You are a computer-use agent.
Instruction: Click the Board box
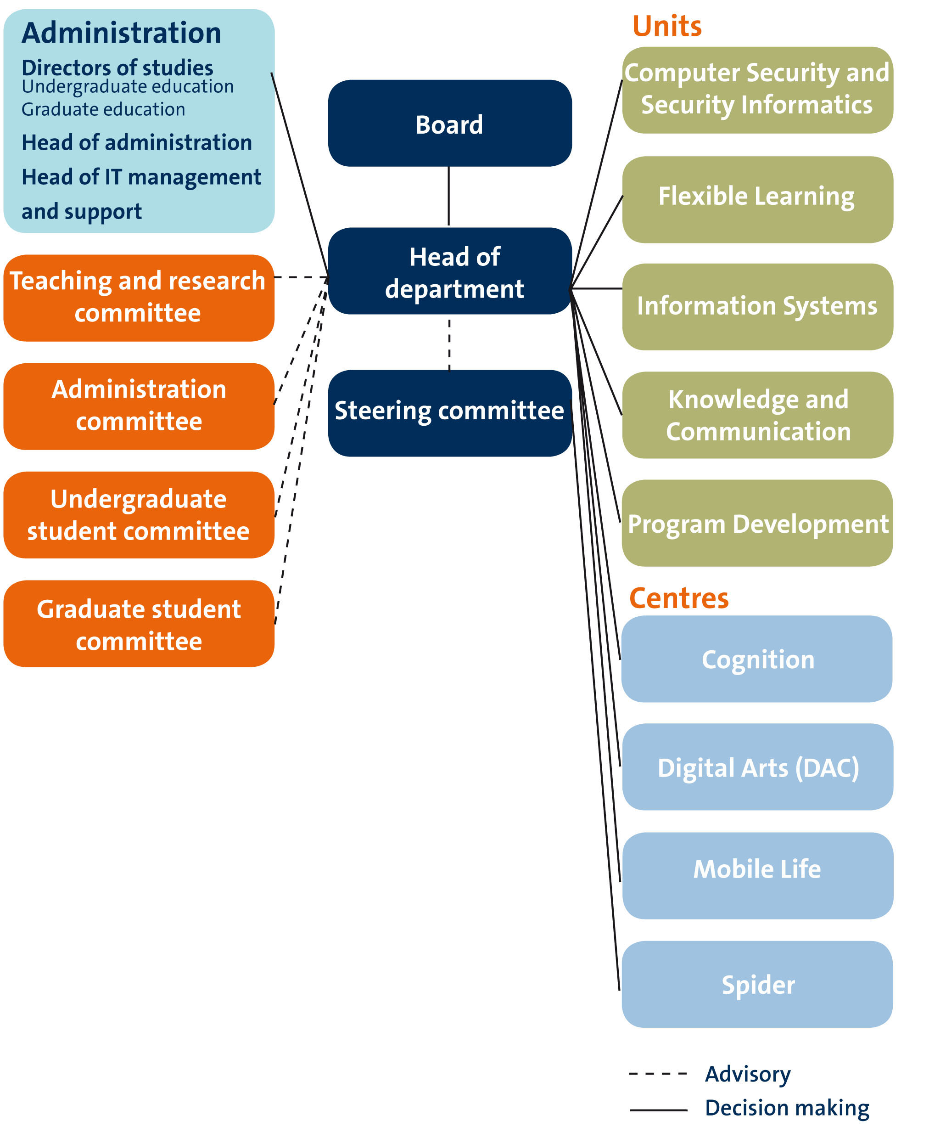449,124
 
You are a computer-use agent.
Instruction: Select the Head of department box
449,271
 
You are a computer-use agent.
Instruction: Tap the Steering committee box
449,413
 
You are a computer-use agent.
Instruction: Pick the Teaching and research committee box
138,298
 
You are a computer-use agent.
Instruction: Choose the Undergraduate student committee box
138,515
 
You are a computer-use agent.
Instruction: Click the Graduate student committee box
138,624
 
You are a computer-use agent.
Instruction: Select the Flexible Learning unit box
757,200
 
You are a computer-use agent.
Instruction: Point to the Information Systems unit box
757,307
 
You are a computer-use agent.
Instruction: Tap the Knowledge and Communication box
757,415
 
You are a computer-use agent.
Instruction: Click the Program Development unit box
757,523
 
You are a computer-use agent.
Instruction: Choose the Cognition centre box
757,659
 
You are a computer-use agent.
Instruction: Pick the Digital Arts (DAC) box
757,767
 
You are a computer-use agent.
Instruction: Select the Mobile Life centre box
757,876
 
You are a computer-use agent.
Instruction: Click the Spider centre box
757,985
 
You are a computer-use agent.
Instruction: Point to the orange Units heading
666,26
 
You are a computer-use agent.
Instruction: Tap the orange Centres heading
678,598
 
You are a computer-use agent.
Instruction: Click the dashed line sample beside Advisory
658,1074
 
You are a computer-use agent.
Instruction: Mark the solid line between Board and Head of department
449,196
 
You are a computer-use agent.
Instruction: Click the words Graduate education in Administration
103,109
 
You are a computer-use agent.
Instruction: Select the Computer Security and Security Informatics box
757,90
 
